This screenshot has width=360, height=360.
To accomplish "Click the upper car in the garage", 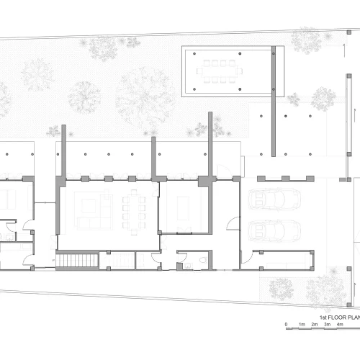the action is pyautogui.click(x=274, y=199).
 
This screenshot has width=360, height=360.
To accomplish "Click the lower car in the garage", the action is pyautogui.click(x=274, y=230).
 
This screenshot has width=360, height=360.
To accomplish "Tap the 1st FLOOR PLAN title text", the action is pyautogui.click(x=340, y=318).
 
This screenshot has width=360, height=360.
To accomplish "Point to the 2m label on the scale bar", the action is pyautogui.click(x=315, y=325).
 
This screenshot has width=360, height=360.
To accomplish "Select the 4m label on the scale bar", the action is pyautogui.click(x=340, y=325).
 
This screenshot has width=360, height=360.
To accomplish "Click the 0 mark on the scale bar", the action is pyautogui.click(x=286, y=325).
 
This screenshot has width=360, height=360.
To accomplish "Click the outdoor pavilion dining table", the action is pyautogui.click(x=220, y=71).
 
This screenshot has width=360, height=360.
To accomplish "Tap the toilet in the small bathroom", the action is pyautogui.click(x=203, y=260).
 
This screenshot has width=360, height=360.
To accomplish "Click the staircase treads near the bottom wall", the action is pyautogui.click(x=77, y=261).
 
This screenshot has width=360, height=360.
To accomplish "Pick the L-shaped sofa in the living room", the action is pyautogui.click(x=94, y=211).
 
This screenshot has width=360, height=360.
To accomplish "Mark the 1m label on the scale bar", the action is pyautogui.click(x=302, y=325).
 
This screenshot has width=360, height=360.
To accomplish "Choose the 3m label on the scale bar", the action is pyautogui.click(x=327, y=325).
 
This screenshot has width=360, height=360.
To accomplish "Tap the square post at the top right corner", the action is pyautogui.click(x=349, y=32).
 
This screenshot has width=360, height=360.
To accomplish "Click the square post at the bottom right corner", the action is pyautogui.click(x=349, y=305).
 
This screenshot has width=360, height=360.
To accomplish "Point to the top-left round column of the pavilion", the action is pyautogui.click(x=194, y=53).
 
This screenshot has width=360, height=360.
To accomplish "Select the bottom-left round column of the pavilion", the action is pyautogui.click(x=194, y=89).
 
